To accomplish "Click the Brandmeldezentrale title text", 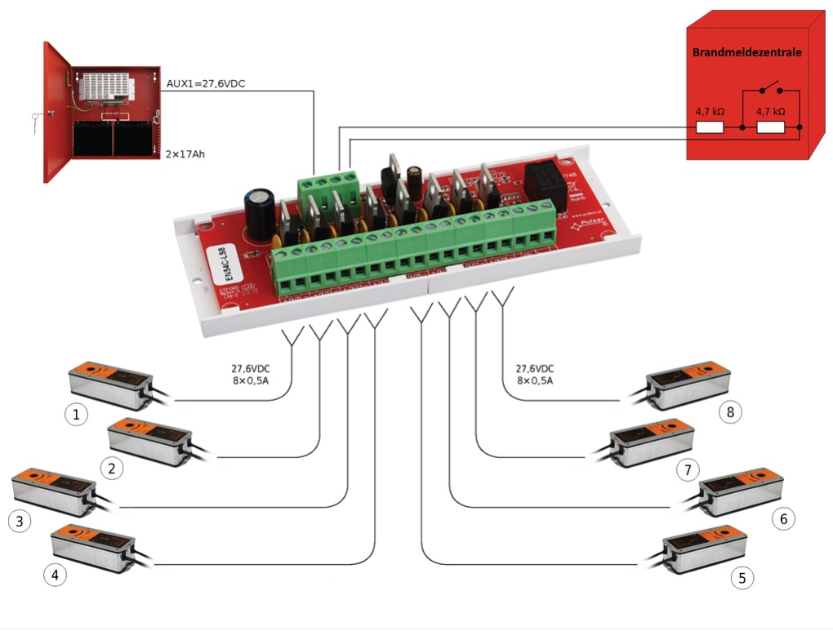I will pyautogui.click(x=746, y=51).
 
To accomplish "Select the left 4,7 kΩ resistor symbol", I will pyautogui.click(x=709, y=127).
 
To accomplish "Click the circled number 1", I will pyautogui.click(x=76, y=415).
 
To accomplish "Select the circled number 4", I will pyautogui.click(x=55, y=575).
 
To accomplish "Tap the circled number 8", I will pyautogui.click(x=730, y=412).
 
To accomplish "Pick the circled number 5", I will pyautogui.click(x=742, y=578).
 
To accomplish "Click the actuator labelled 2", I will pyautogui.click(x=152, y=442).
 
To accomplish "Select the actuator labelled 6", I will pyautogui.click(x=740, y=492).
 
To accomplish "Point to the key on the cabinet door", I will pyautogui.click(x=33, y=122).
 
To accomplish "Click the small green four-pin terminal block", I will pyautogui.click(x=329, y=189).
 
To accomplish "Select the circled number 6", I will pyautogui.click(x=782, y=518).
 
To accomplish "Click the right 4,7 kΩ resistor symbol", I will pyautogui.click(x=771, y=127).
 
